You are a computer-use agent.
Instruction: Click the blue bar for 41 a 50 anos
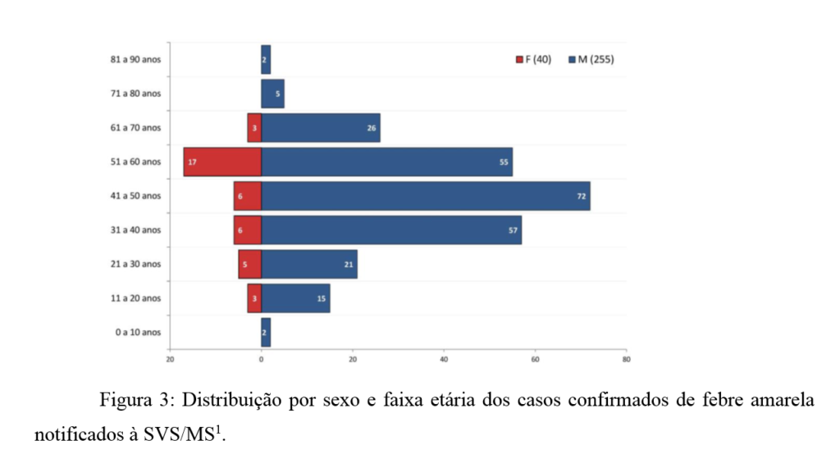[426, 196]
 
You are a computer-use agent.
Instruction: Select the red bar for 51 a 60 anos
[222, 162]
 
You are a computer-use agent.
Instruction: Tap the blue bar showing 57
[391, 230]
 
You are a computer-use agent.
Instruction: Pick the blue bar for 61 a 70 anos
[321, 127]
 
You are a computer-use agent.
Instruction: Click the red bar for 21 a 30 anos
[250, 264]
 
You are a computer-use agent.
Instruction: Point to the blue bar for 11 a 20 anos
[295, 298]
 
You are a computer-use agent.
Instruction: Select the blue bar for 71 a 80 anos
[272, 94]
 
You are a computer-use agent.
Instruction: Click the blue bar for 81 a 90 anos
[266, 59]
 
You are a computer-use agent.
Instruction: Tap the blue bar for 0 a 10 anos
[266, 333]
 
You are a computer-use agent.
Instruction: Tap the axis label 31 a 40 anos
[135, 230]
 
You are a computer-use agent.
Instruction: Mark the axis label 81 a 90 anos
[135, 59]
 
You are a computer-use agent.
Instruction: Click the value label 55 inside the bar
[504, 162]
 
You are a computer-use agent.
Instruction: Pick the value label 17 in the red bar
[191, 162]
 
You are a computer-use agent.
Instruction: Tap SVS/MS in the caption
[184, 434]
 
